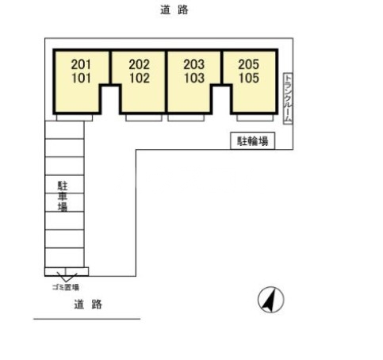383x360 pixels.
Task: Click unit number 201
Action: [81, 65]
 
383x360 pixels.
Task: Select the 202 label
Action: [138, 65]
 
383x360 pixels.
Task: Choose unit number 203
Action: [193, 65]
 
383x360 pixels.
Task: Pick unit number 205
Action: [249, 65]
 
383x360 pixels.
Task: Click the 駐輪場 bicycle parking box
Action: [253, 141]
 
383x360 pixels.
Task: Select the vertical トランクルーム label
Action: [287, 98]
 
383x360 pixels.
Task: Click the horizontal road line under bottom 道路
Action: [86, 319]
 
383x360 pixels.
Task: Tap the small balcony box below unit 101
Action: [79, 118]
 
